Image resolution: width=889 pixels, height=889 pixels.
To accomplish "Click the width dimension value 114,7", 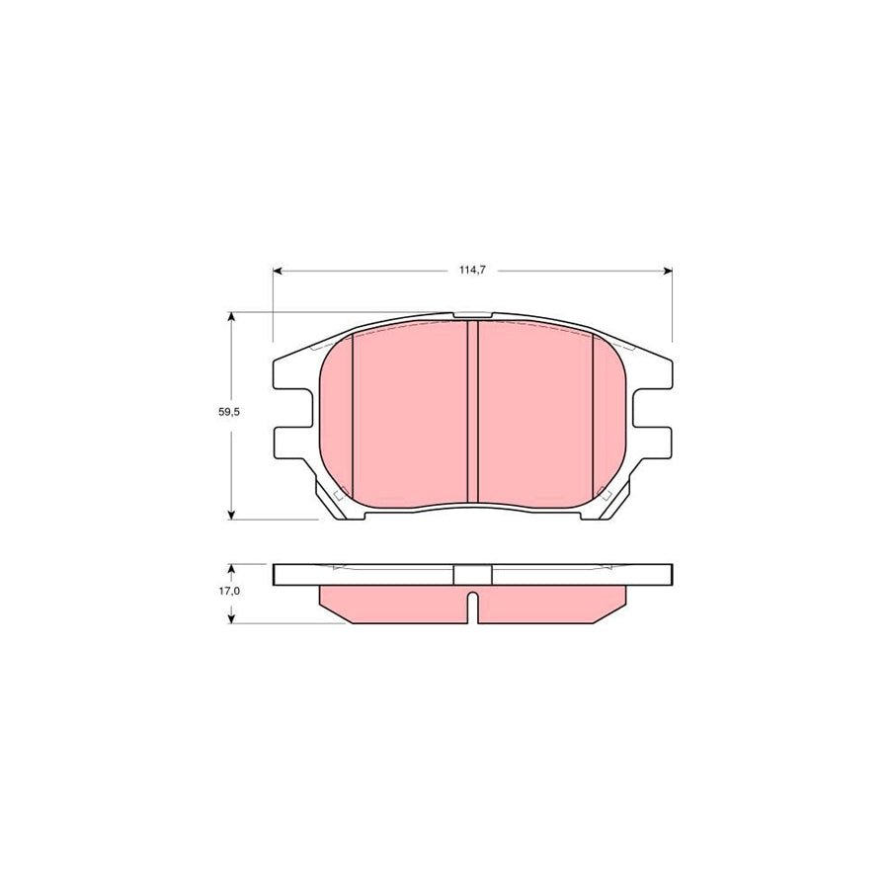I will [470, 270].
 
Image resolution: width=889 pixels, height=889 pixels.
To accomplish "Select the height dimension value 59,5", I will [229, 413].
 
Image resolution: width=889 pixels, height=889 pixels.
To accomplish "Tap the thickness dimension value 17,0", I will [229, 591].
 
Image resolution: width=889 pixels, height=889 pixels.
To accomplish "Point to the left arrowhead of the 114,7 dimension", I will [277, 270].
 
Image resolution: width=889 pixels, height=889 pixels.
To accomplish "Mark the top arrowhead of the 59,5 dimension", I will [231, 317].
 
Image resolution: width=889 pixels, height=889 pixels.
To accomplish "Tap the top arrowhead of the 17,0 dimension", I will [231, 569].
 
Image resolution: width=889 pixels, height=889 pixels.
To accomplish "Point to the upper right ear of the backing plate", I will [652, 374].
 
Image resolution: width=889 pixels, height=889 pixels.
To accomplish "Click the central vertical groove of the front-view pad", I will [472, 413].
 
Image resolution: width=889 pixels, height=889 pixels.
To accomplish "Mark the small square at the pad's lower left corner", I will [339, 494].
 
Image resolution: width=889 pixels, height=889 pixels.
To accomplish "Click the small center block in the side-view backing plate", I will [471, 574].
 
